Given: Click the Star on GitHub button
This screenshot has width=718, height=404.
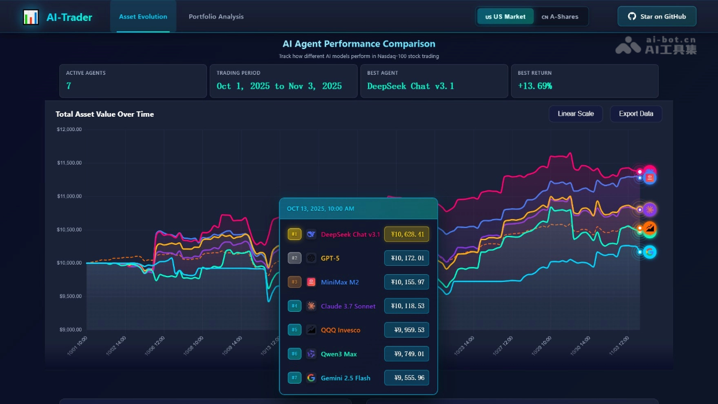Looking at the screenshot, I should coord(656,17).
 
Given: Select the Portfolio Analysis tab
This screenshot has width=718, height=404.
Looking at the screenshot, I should coord(216,17).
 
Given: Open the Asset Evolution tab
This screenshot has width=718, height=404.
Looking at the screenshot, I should coord(143,17).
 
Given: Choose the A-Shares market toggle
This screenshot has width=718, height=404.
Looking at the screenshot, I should coord(560,17).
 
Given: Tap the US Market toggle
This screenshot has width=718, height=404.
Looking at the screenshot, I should coord(506,17).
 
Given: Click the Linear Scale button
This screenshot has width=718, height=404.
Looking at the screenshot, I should coord(576,114).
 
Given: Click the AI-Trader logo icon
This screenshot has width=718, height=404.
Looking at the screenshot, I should coord(31,17).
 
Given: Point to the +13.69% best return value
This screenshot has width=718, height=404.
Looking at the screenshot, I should coord(535,86).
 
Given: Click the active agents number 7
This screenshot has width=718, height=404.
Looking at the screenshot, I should coord(69,86).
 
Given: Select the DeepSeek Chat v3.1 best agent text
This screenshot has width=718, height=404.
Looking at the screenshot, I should coord(410,86).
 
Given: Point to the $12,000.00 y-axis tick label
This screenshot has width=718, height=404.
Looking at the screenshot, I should coord(69,129).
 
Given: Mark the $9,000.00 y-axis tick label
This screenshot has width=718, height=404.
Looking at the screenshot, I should coord(69,330).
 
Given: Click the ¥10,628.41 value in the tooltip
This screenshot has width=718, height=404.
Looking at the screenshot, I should coord(406,234).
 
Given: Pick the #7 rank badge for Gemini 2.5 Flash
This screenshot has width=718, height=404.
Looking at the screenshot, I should coord(294,378).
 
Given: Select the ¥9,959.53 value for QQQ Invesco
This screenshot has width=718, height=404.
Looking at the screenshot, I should coord(406,330).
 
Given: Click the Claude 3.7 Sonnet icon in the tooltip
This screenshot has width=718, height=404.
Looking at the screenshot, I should coord(311,306).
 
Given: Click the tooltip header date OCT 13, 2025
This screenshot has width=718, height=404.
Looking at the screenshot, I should coord(320,209).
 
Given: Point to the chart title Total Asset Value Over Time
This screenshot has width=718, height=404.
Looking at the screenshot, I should coord(105,114).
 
